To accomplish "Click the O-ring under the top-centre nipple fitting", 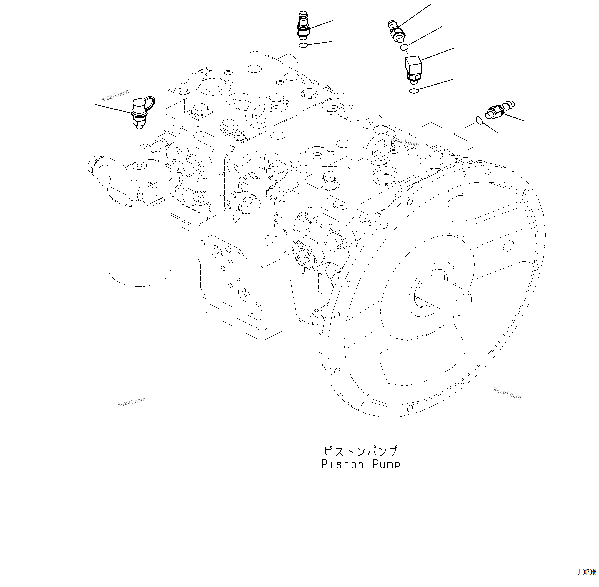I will tap(303, 46).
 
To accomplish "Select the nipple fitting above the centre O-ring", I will tap(303, 26).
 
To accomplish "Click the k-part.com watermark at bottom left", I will tap(132, 402).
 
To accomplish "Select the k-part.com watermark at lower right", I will tap(507, 393).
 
